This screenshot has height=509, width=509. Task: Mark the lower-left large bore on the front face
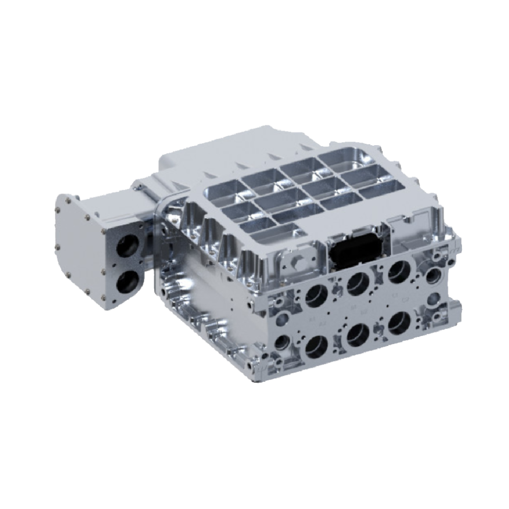click(317, 346)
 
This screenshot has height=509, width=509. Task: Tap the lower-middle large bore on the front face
click(358, 335)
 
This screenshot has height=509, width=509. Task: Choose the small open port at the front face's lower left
click(282, 341)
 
